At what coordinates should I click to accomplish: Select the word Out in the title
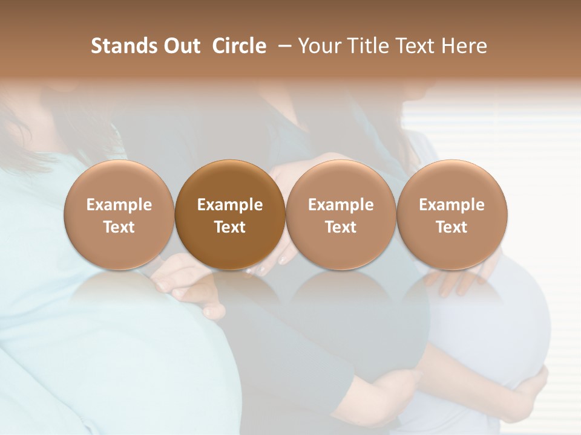[180, 46]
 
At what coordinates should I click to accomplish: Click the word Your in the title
[317, 46]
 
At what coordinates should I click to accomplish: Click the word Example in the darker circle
[230, 205]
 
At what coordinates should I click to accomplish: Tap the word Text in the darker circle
[230, 227]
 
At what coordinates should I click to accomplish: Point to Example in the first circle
[119, 205]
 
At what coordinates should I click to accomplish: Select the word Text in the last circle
[451, 227]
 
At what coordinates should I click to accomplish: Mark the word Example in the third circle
[341, 205]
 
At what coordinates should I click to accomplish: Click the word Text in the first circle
[119, 227]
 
